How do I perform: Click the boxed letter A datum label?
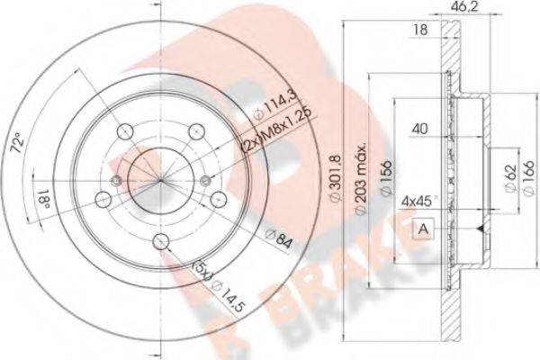[422, 229]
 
